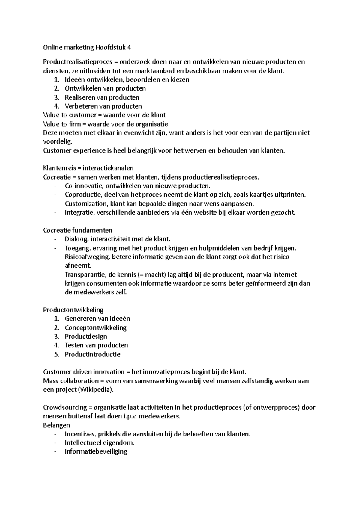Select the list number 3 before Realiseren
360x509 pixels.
[x=56, y=97]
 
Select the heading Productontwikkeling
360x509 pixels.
[x=73, y=310]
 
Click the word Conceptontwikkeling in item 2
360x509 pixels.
[x=96, y=328]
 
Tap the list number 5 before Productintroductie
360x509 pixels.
[x=56, y=354]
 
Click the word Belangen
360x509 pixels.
[x=56, y=425]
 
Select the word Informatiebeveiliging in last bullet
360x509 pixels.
[x=96, y=451]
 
